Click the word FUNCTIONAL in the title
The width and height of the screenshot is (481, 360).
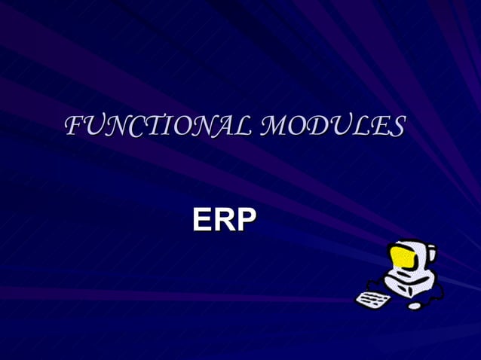155,126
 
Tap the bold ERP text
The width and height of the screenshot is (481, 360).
224,219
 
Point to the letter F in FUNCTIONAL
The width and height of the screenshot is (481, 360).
74,126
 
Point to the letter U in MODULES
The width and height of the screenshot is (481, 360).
341,126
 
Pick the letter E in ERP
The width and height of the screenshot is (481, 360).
201,219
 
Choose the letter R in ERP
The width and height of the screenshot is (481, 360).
223,219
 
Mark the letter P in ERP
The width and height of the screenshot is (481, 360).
246,219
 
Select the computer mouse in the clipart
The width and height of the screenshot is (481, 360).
415,306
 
